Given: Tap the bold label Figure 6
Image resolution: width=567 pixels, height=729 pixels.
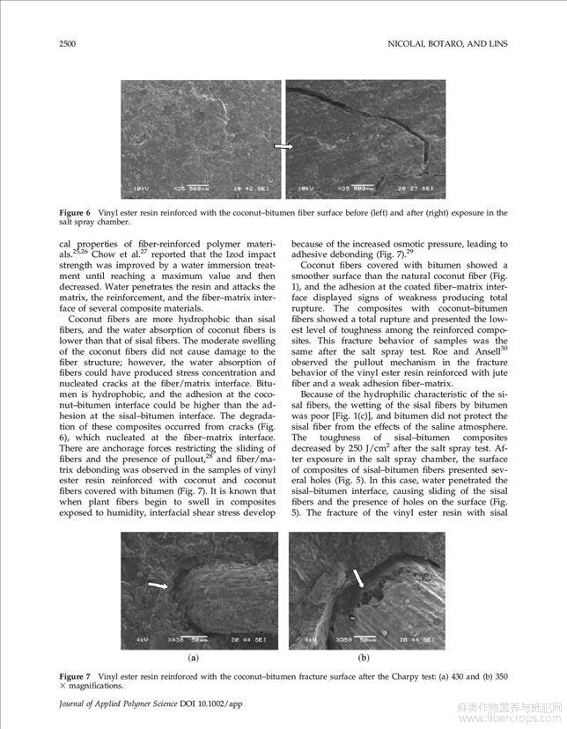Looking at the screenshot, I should pos(76,213).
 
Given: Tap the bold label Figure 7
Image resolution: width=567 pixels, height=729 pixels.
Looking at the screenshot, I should pos(76,674).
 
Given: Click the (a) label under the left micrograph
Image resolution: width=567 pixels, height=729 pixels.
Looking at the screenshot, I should pos(193,657).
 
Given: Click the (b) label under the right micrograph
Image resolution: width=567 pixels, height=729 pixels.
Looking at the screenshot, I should pos(363,657).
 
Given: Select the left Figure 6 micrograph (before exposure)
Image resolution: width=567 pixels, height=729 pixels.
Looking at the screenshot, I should pos(200,140).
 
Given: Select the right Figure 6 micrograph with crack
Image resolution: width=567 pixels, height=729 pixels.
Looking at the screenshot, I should pos(366,140).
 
